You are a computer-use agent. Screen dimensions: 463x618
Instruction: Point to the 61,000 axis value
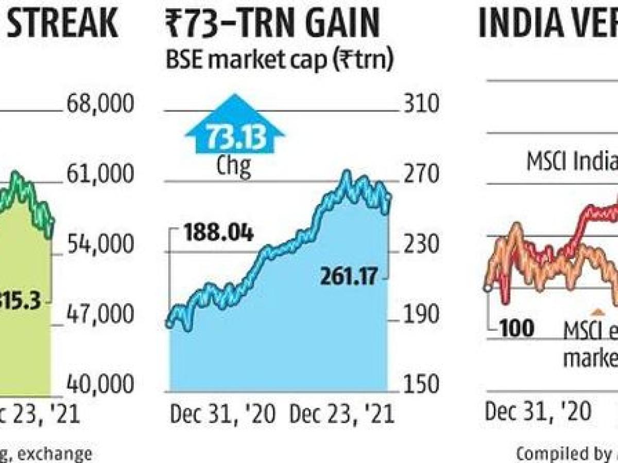pyautogui.click(x=99, y=175)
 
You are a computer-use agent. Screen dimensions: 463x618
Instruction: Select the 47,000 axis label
pyautogui.click(x=99, y=314)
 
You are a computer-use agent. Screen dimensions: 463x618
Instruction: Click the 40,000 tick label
pyautogui.click(x=99, y=384)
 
